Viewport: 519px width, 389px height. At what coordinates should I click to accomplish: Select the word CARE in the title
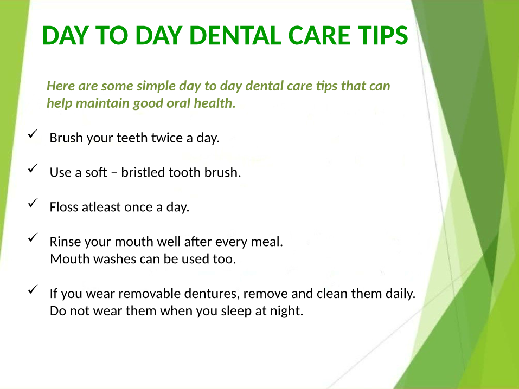click(319, 35)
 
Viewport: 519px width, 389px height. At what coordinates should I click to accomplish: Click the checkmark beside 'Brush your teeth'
click(33, 134)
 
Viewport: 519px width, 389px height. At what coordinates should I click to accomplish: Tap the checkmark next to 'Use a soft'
click(33, 168)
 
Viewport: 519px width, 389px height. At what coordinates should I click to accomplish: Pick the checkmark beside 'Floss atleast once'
click(33, 203)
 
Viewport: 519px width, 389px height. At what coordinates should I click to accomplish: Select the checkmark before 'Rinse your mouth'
click(33, 237)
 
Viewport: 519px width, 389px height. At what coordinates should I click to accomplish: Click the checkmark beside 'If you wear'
click(33, 289)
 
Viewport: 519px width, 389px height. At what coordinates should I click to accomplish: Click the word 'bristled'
click(143, 172)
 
